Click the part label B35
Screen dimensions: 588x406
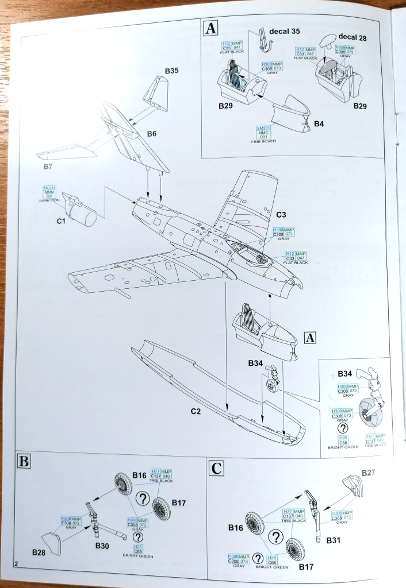[x=171, y=71]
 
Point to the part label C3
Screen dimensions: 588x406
[x=281, y=215]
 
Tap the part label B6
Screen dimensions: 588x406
[x=151, y=133]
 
